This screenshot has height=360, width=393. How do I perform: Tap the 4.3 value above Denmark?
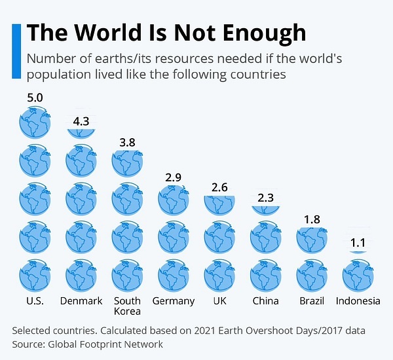click(x=81, y=121)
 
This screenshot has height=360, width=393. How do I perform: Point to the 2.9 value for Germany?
click(x=173, y=177)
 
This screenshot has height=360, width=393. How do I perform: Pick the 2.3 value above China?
click(x=265, y=198)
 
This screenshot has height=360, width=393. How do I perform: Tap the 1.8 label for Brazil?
click(x=312, y=220)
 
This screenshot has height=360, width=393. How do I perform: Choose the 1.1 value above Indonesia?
click(x=358, y=243)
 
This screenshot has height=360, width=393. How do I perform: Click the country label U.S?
click(x=35, y=301)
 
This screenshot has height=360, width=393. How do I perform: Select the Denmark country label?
click(x=81, y=301)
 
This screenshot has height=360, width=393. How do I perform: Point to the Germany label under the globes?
click(x=173, y=301)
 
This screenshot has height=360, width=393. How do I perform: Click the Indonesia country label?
click(x=358, y=301)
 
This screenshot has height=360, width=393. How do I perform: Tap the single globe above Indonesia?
click(x=358, y=275)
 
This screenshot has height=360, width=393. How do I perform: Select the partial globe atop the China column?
click(x=265, y=209)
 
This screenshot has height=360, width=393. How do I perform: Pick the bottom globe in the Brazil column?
click(x=312, y=275)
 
